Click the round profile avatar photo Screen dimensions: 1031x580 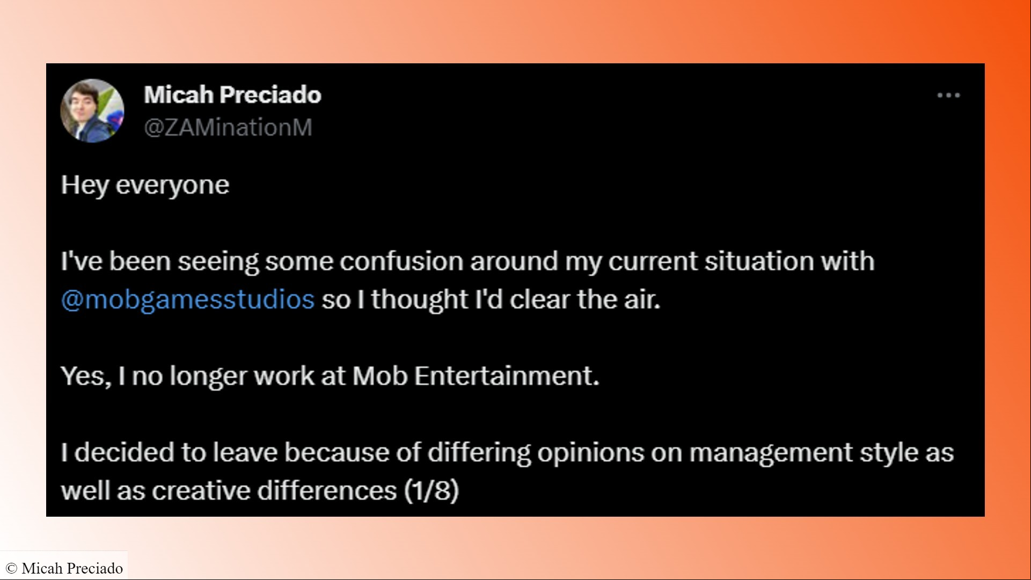92,111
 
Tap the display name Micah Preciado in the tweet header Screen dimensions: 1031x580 232,94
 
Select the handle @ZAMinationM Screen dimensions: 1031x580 228,128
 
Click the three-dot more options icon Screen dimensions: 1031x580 948,96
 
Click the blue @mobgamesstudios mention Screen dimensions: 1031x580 188,299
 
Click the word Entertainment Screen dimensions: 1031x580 507,376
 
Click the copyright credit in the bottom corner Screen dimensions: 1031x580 64,568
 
